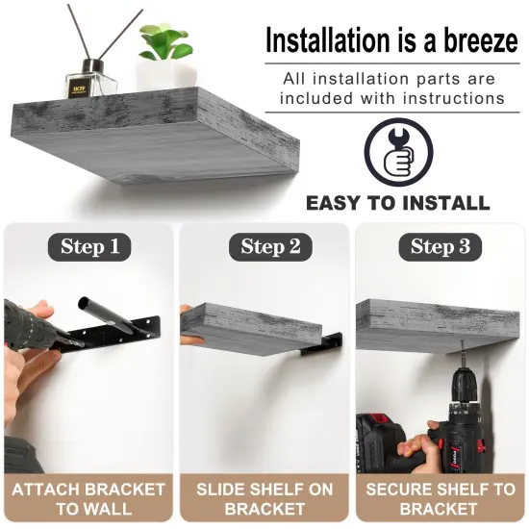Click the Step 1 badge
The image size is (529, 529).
click(89, 246)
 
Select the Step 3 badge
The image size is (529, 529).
click(440, 246)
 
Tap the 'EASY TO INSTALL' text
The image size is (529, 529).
click(397, 203)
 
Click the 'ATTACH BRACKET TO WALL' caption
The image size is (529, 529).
click(88, 498)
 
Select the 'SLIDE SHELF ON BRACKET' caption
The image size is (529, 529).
click(264, 498)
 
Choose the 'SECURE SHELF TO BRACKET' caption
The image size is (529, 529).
click(440, 498)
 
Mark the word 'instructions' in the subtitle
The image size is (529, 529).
click(458, 98)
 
